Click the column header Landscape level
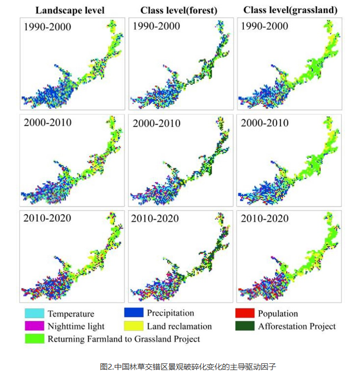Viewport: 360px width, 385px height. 71,10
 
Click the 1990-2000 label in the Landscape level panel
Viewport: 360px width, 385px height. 47,27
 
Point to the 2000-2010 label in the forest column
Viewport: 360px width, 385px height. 156,123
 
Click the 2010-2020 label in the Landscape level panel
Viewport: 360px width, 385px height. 47,218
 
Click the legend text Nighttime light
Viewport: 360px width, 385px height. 76,326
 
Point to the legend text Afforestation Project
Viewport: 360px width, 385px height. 297,326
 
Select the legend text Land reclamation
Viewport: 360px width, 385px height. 179,326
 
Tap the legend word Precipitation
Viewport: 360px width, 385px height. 170,313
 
